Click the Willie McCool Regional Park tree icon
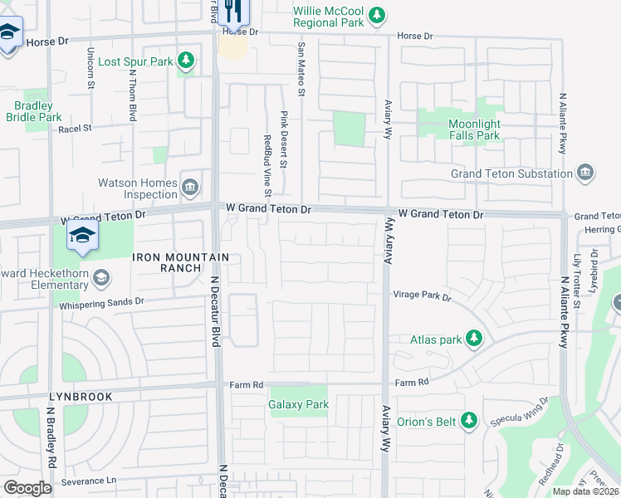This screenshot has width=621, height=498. pos(378,15)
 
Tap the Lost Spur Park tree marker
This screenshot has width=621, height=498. pos(187,61)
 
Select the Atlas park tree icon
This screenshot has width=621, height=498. pos(473,338)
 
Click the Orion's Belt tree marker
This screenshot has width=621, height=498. pos(469,421)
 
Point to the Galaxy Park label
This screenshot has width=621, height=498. pos(298,405)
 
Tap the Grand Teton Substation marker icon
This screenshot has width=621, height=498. pos(586,173)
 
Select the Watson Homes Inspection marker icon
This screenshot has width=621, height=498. pos(190,186)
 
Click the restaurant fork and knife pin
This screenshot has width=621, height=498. pos(233,12)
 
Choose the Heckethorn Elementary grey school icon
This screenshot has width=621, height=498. pos(101,276)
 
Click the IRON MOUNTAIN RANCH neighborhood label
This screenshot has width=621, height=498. pos(167,262)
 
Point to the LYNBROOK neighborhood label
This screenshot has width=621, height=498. pos(80,397)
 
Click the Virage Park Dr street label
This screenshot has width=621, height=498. pos(421,296)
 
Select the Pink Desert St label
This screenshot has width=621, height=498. pos(283,139)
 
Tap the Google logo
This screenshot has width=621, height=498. pos(28,487)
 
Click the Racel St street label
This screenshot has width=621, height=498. pos(74,129)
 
